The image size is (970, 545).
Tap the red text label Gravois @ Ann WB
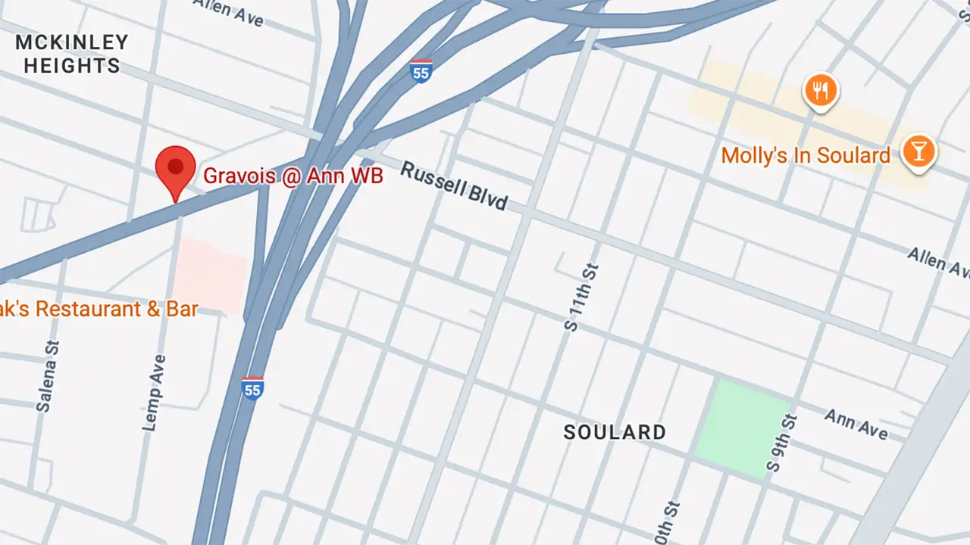point(293,176)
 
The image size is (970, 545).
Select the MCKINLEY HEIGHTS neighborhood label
point(72,54)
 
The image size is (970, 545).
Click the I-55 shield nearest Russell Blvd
point(421,70)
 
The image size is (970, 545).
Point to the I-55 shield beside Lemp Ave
point(252,388)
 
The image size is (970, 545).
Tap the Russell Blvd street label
point(453,186)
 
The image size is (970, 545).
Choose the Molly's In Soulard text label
point(805,156)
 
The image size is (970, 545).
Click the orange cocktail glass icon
point(918,151)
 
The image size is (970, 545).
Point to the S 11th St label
point(581,297)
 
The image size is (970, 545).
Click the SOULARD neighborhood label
point(615,432)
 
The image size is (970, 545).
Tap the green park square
point(742,428)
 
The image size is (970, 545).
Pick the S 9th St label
point(782,444)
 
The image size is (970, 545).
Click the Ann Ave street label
point(856,424)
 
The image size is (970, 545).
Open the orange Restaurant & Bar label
point(99,309)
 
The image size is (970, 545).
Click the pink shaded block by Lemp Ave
point(211,276)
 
